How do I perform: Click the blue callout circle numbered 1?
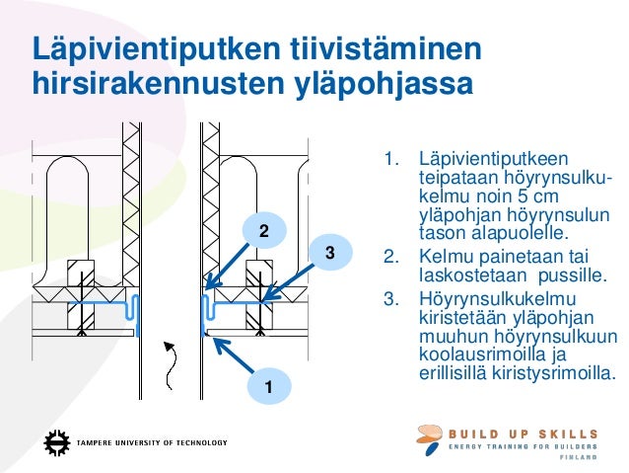[x=266, y=386]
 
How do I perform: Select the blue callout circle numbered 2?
[x=263, y=231]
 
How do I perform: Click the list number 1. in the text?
[x=391, y=159]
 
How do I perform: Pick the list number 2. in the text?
[x=391, y=260]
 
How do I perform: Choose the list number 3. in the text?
[x=391, y=298]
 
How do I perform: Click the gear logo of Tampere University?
[x=57, y=441]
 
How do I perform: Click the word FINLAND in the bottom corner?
[x=579, y=459]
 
